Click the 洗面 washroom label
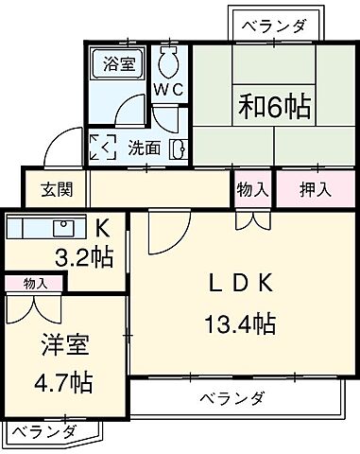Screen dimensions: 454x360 pyautogui.click(x=144, y=148)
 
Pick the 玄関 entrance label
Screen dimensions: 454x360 pyautogui.click(x=43, y=187)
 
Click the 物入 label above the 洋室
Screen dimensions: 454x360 pyautogui.click(x=35, y=283)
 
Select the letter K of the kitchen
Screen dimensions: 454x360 pyautogui.click(x=103, y=227)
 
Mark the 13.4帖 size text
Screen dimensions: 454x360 pyautogui.click(x=239, y=325)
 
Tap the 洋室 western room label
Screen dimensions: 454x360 pyautogui.click(x=59, y=345)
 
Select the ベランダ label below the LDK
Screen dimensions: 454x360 pyautogui.click(x=231, y=397)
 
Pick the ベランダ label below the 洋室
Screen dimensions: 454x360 pyautogui.click(x=44, y=432)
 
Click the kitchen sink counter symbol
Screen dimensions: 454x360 pyautogui.click(x=43, y=227)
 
